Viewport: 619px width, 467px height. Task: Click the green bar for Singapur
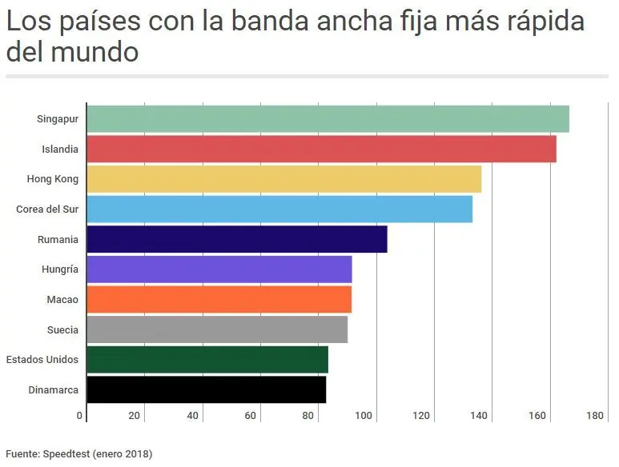(x=328, y=119)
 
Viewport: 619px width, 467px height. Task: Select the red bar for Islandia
(x=321, y=150)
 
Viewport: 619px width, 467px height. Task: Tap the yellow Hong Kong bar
(x=283, y=179)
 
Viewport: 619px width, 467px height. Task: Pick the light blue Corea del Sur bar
(x=279, y=210)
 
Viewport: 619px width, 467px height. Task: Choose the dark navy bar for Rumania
(x=237, y=239)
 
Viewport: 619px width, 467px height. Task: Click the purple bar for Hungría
(x=219, y=269)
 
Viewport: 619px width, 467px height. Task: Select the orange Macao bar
(x=219, y=299)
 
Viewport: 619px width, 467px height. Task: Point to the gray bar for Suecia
(x=217, y=329)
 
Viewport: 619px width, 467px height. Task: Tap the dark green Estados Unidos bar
(x=207, y=360)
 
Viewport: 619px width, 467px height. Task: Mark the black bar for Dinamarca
(x=206, y=389)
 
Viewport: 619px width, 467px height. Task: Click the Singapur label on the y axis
(x=58, y=119)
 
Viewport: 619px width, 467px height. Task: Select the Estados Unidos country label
(x=42, y=360)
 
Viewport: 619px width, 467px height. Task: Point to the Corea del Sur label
(x=47, y=210)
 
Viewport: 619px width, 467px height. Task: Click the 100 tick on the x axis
(x=364, y=416)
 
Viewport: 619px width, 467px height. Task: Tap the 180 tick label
(x=595, y=416)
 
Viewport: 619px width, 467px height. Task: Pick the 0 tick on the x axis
(x=80, y=416)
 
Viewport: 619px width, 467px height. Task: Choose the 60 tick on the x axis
(x=250, y=416)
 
